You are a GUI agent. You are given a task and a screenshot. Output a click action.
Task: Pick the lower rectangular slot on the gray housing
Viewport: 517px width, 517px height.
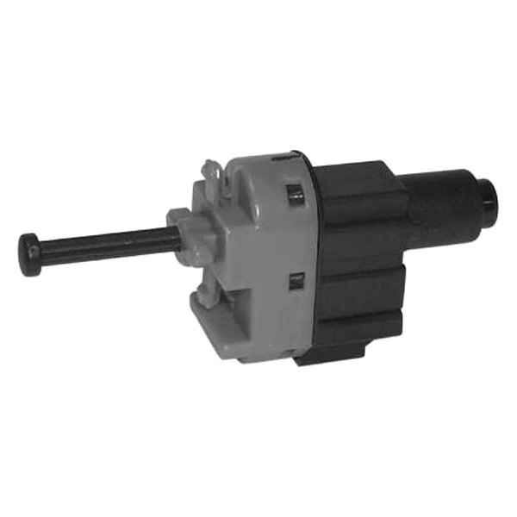[296, 279]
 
